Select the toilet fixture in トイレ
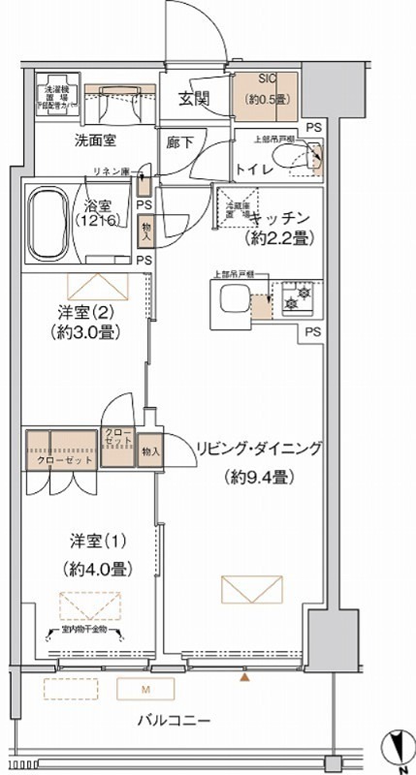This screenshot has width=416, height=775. click(309, 155)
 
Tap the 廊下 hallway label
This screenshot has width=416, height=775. click(179, 141)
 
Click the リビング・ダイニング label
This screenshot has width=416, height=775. click(258, 448)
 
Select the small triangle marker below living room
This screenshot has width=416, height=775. click(244, 678)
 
